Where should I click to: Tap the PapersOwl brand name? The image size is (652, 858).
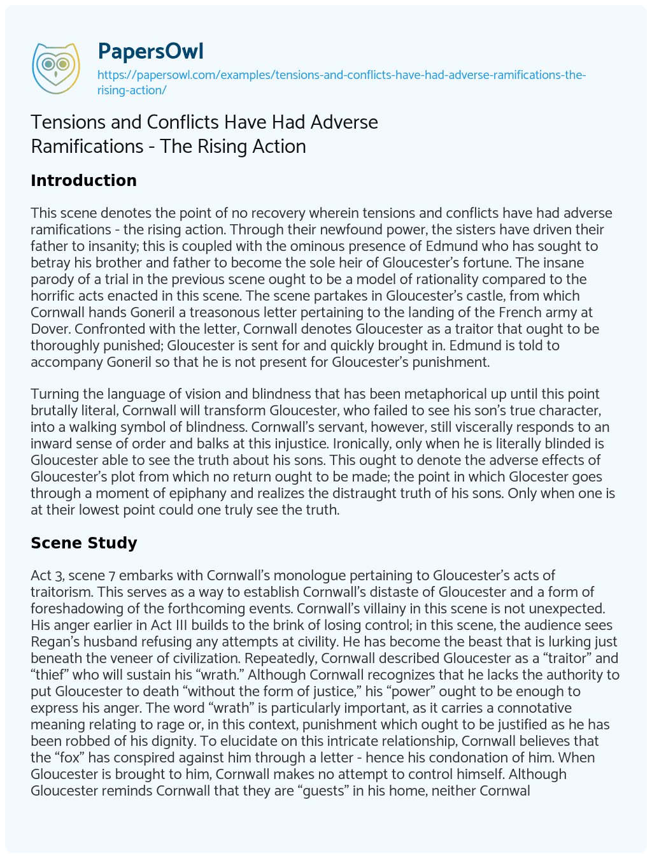[150, 52]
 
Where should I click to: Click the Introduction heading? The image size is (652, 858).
[83, 180]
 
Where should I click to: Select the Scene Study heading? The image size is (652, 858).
[84, 543]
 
